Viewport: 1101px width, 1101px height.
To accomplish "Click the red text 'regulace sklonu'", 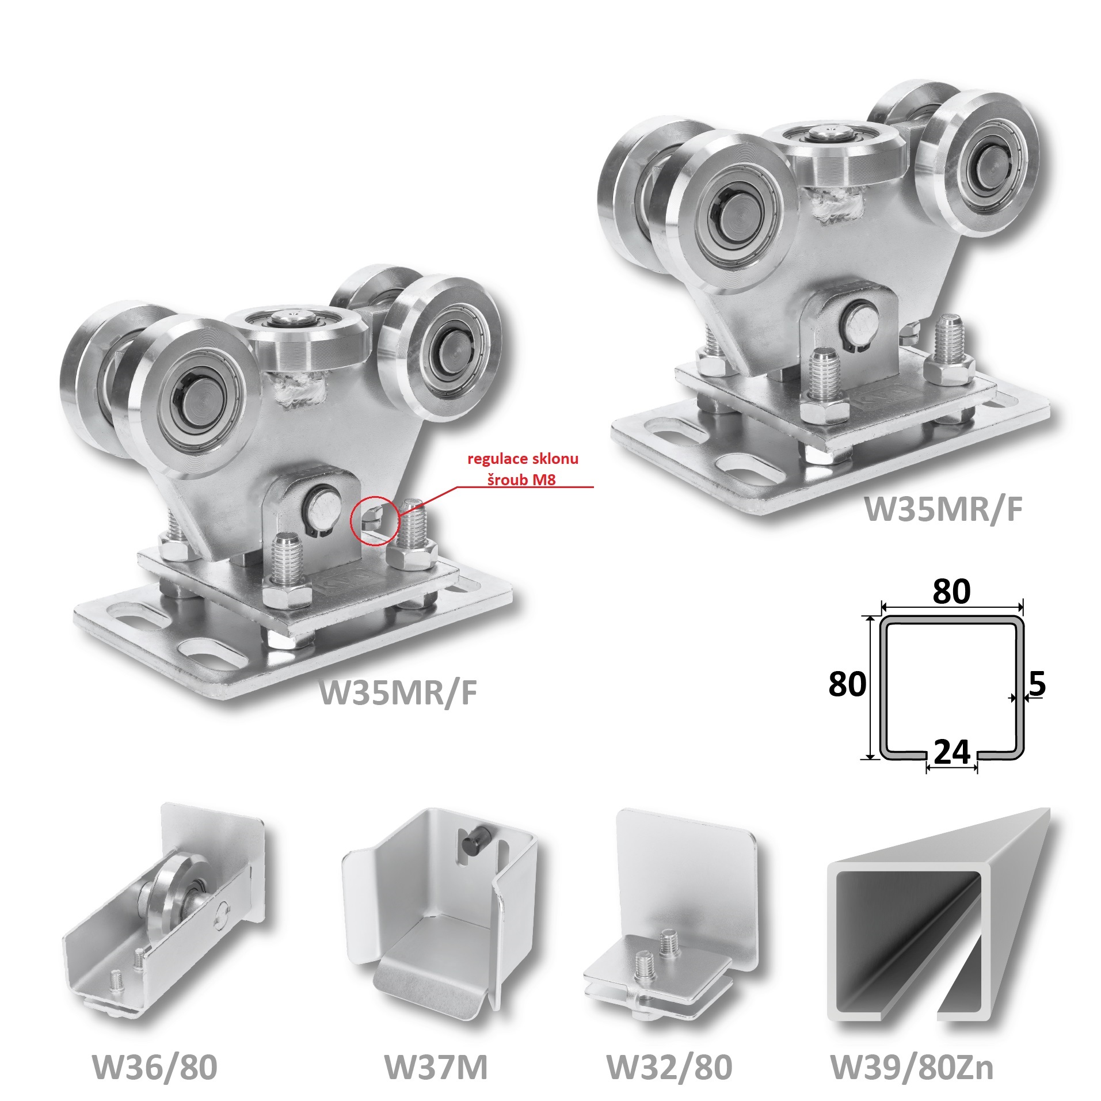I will coord(522,459).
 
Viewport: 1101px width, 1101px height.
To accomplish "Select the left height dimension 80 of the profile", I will coord(847,684).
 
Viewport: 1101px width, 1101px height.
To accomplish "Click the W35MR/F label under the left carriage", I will coord(399,692).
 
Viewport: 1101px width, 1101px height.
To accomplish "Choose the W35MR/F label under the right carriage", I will coord(944,509).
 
